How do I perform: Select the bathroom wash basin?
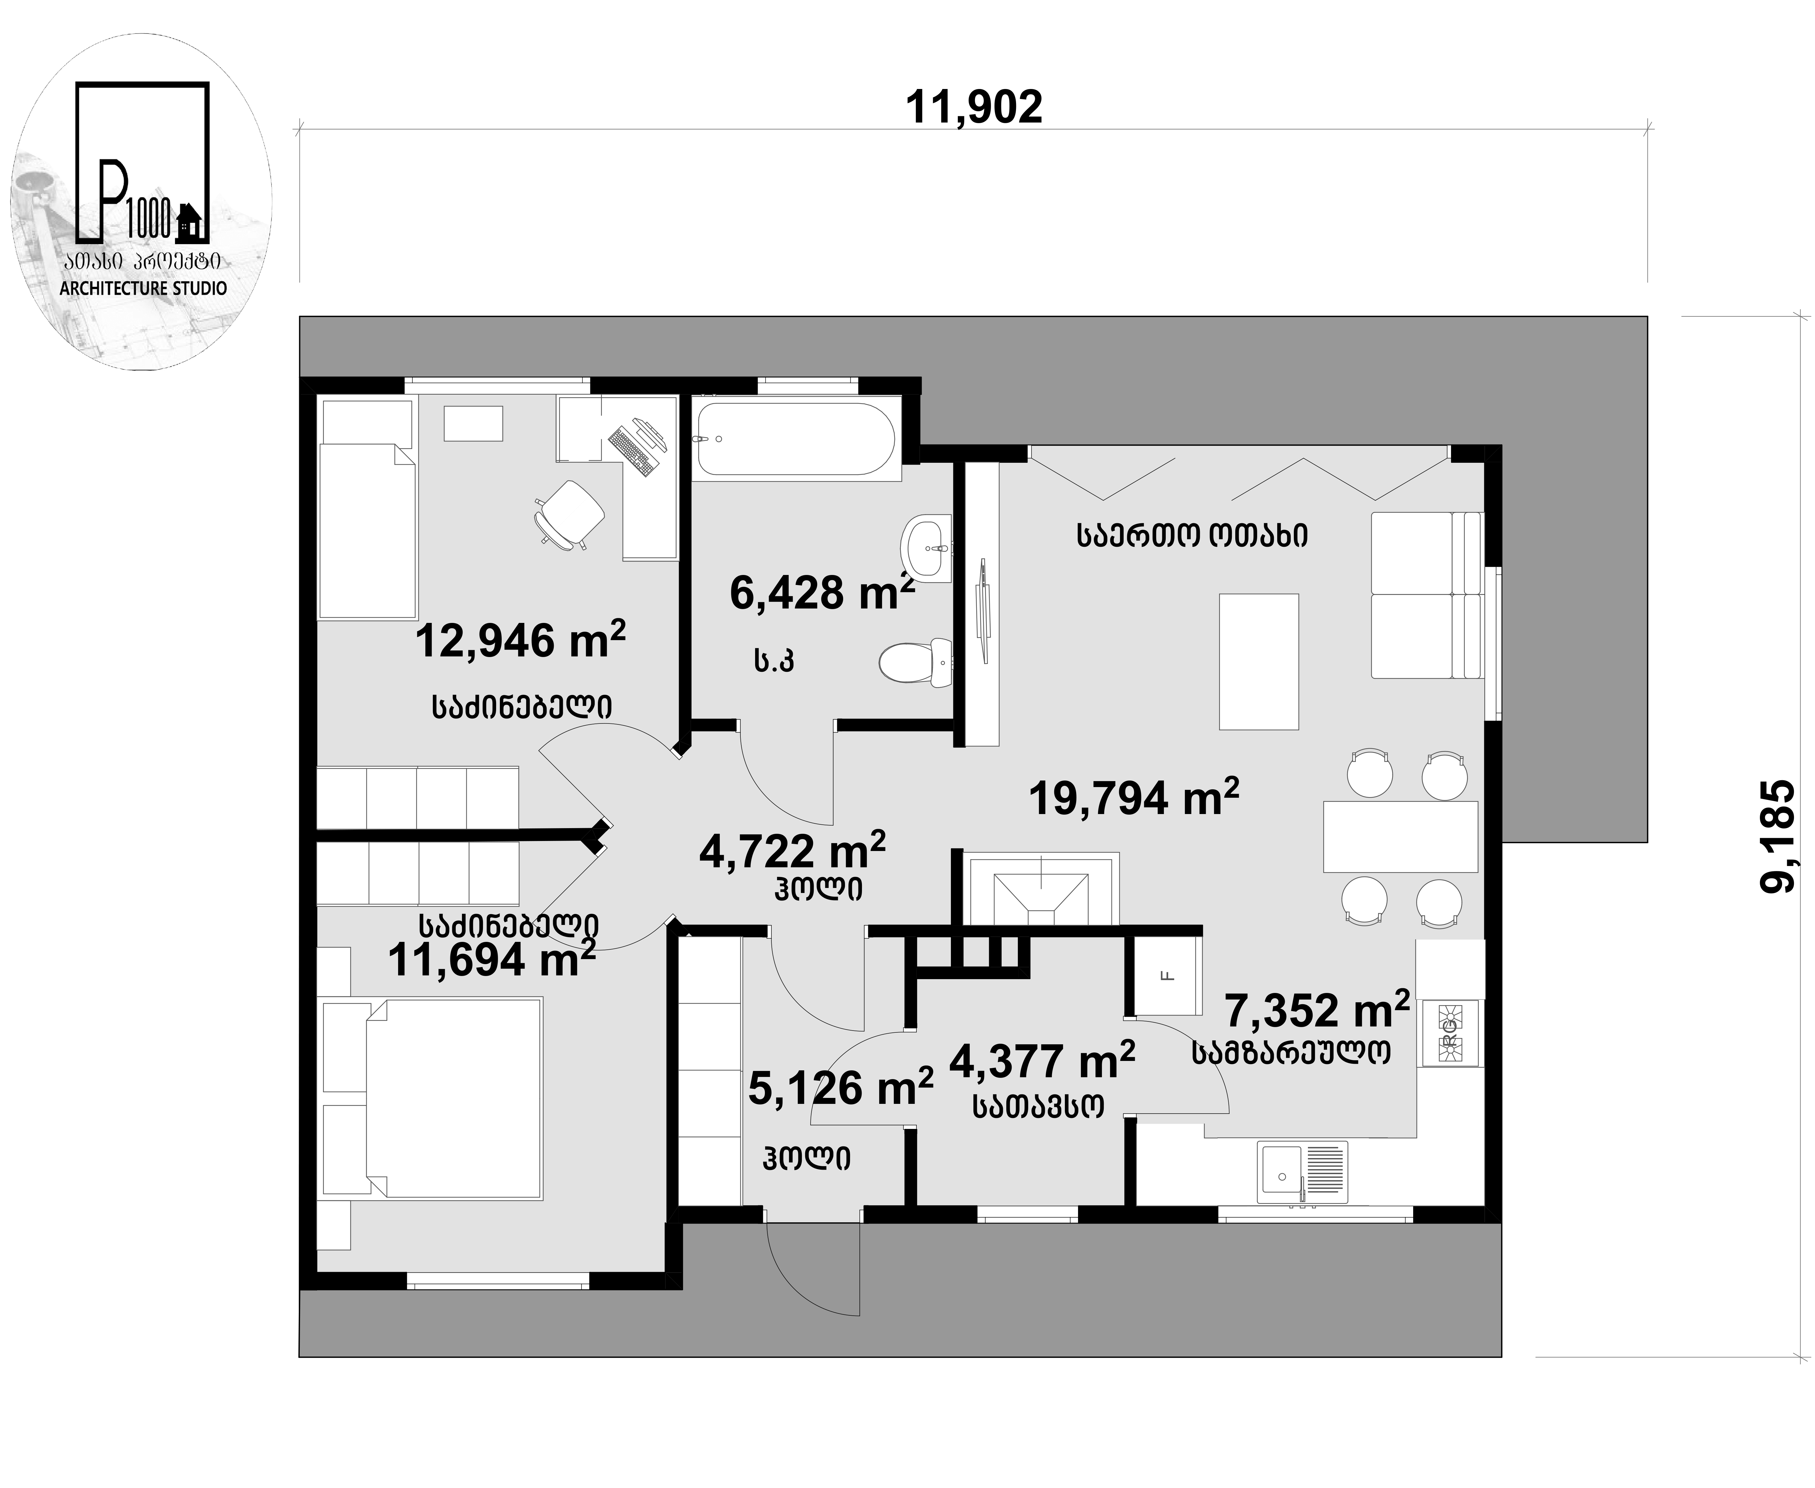pyautogui.click(x=926, y=549)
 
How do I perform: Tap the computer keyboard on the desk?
pyautogui.click(x=631, y=452)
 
